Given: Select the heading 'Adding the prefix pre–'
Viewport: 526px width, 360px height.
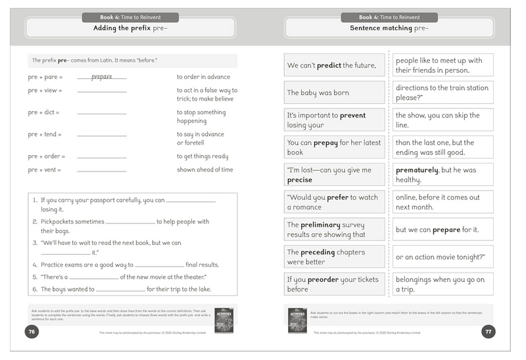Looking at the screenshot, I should (130, 28).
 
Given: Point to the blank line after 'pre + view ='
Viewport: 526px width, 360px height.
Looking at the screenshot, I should (101, 91).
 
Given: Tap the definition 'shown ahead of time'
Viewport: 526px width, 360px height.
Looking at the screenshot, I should (204, 169).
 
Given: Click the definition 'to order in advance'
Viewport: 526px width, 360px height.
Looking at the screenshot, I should (203, 76).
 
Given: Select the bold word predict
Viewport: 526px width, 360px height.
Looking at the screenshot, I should (334, 66).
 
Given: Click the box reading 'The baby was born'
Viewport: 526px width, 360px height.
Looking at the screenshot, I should (335, 93).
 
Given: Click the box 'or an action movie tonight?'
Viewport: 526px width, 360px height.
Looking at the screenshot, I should (443, 257).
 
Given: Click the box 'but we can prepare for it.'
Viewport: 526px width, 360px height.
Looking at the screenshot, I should (443, 230).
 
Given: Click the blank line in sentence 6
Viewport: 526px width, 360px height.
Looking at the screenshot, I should (120, 290).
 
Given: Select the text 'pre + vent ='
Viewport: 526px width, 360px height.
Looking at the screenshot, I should (45, 170).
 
